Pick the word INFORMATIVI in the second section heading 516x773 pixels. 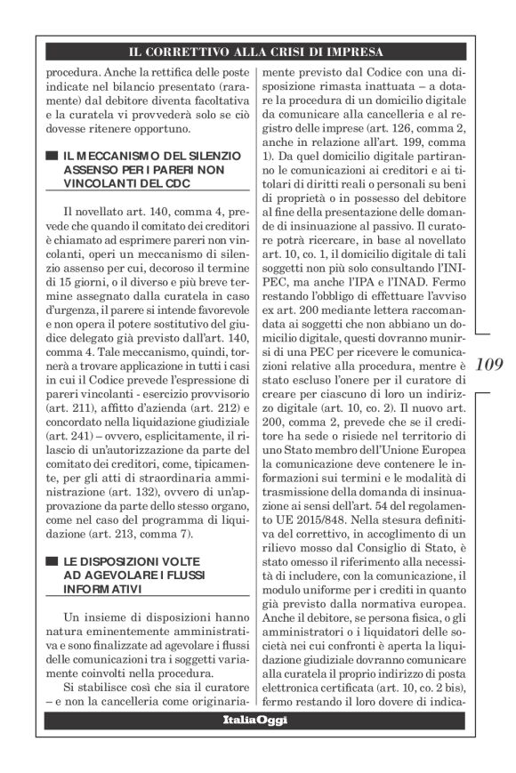pos(101,590)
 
